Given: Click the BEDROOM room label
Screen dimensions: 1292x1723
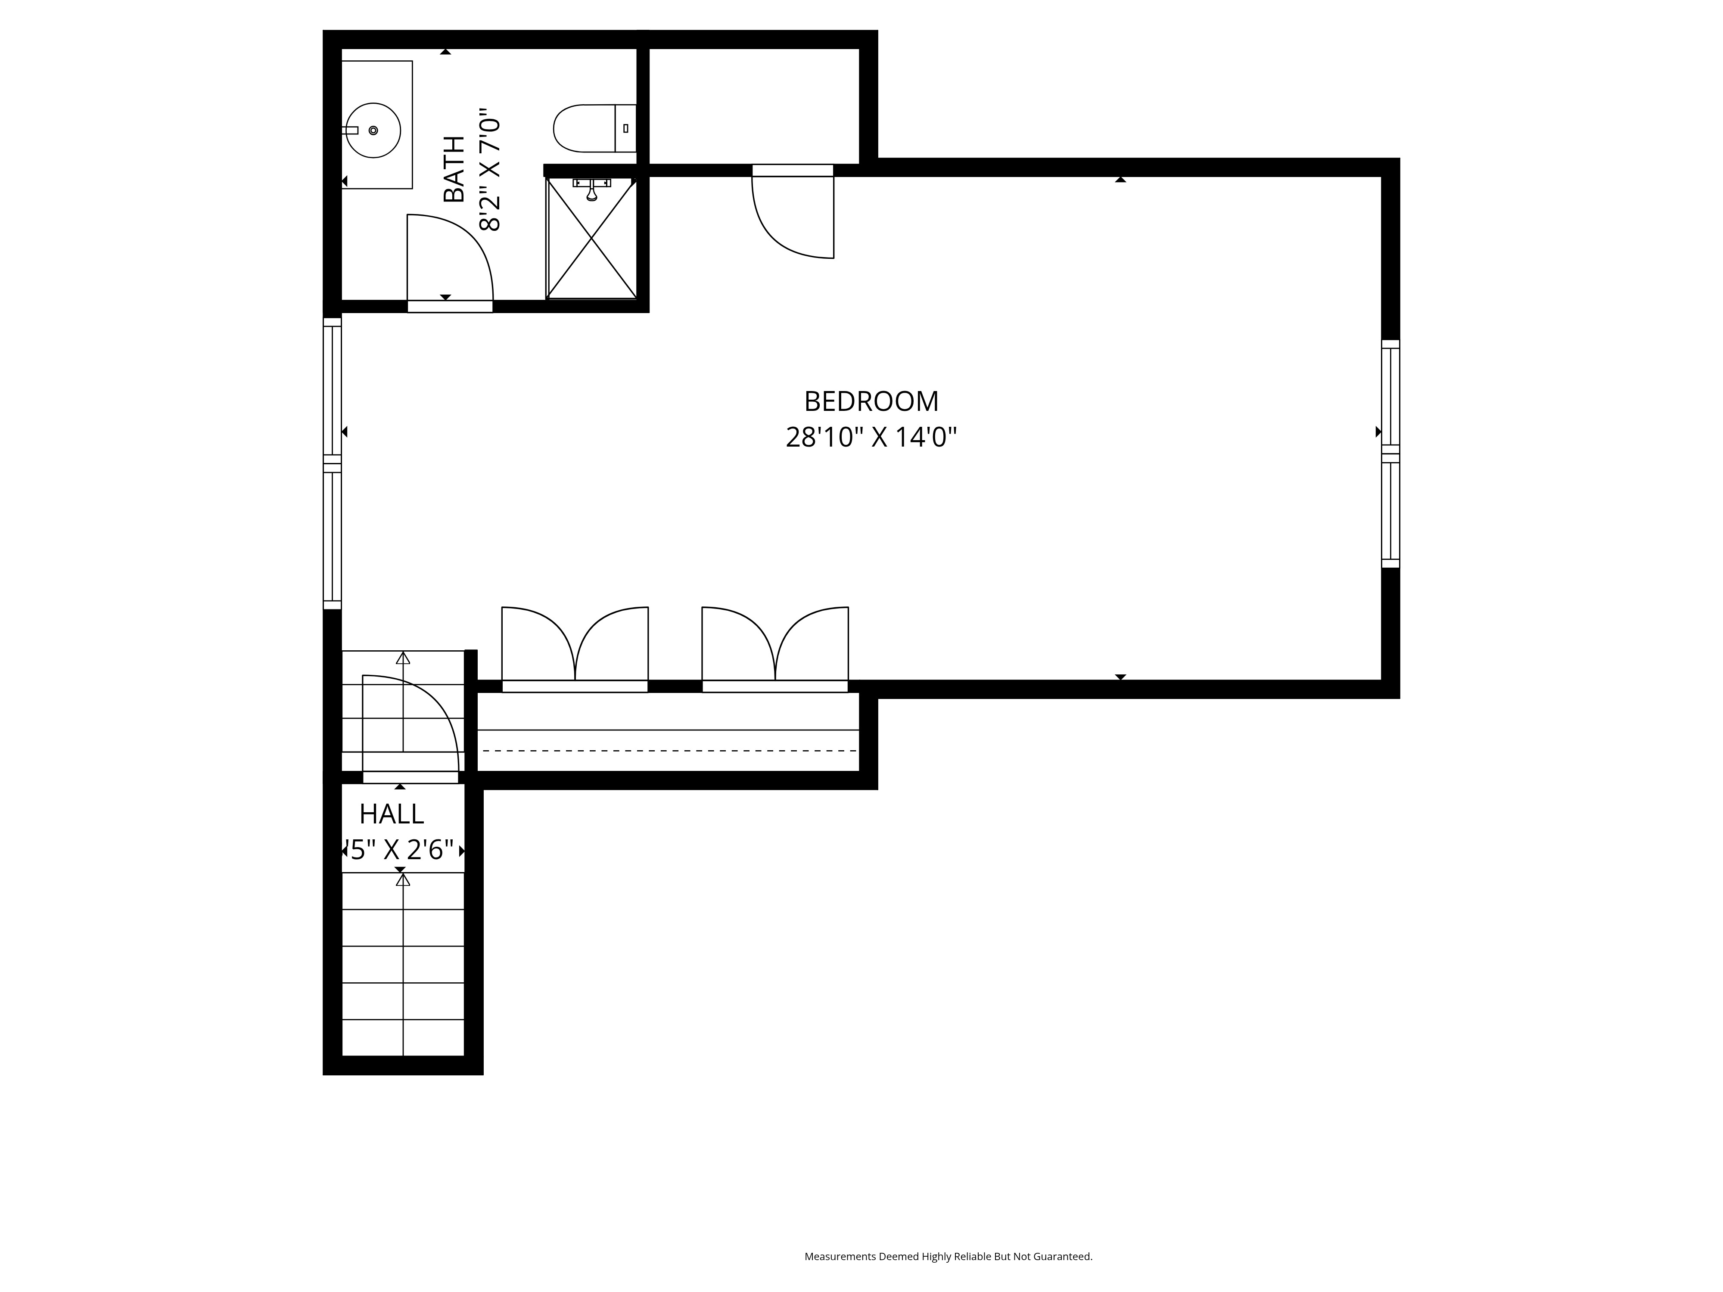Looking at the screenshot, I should (x=871, y=401).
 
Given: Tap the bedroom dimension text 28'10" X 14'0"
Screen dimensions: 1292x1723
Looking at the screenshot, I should (x=871, y=438).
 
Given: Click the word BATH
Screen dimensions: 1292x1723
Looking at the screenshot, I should (x=453, y=169).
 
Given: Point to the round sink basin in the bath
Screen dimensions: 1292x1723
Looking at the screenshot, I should (x=374, y=130).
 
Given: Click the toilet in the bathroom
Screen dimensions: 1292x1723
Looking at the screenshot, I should (x=584, y=128).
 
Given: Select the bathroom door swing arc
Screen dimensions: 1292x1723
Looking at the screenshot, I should (x=460, y=249).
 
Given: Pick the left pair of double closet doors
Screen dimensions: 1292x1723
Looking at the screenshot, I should (x=575, y=646).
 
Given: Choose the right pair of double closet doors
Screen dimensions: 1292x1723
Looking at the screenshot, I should (x=775, y=646).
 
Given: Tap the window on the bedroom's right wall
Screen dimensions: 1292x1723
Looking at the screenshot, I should (x=1390, y=454).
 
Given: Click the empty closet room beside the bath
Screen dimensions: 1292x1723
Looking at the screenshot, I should (x=754, y=105).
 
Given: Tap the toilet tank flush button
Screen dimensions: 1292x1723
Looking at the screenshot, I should (x=625, y=128).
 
